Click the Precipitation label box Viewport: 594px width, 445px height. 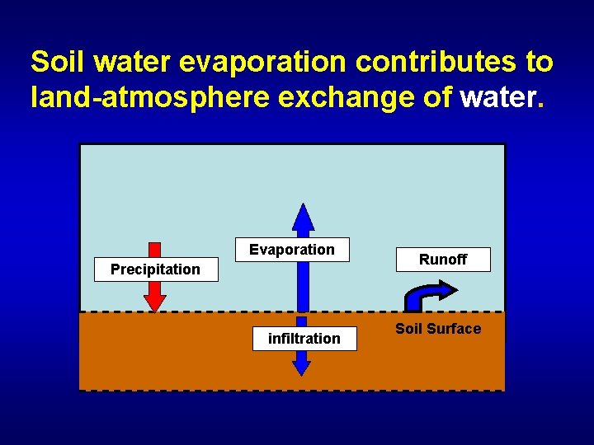[x=156, y=269]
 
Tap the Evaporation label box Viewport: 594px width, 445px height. [x=292, y=250]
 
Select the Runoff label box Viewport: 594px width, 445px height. [x=443, y=260]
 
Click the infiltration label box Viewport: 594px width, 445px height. [x=304, y=338]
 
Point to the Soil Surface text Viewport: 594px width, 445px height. [x=438, y=329]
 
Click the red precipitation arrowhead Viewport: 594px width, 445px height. [x=155, y=302]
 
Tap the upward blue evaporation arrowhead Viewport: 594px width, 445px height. [x=304, y=217]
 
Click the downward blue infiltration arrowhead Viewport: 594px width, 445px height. [x=302, y=366]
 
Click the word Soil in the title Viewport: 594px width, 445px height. [x=58, y=62]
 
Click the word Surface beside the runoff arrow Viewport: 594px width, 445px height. [x=455, y=329]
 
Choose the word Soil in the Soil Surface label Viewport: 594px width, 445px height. [x=409, y=329]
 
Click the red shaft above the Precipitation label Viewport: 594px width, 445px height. [x=155, y=250]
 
